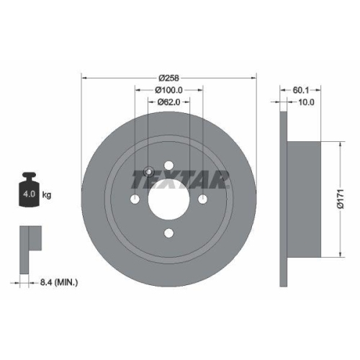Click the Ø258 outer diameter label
pyautogui.click(x=168, y=78)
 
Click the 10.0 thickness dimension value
pyautogui.click(x=306, y=103)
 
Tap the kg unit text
pyautogui.click(x=48, y=195)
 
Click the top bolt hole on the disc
pyautogui.click(x=169, y=166)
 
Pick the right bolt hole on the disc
pyautogui.click(x=203, y=199)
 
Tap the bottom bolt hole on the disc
pyautogui.click(x=169, y=233)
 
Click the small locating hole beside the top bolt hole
pyautogui.click(x=148, y=172)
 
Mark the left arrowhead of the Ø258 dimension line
pyautogui.click(x=84, y=78)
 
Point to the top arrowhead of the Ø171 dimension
pyautogui.click(x=337, y=144)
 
